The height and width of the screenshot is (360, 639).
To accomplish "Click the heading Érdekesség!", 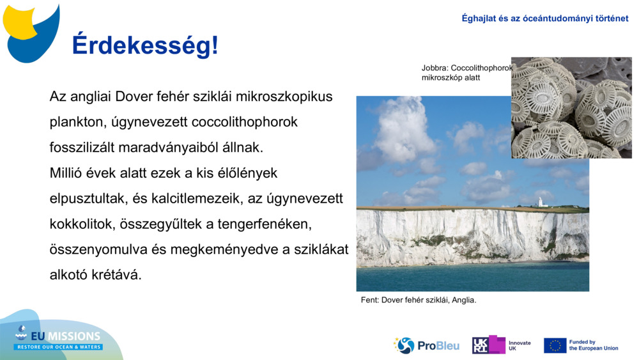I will (x=144, y=45).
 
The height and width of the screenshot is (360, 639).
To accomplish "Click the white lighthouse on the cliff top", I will (x=540, y=202).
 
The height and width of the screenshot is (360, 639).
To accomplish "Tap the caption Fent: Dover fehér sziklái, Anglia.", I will (x=419, y=299).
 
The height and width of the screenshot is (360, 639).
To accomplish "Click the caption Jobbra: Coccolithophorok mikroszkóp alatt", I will (x=466, y=72).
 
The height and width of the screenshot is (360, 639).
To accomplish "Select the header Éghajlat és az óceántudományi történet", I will (x=544, y=19).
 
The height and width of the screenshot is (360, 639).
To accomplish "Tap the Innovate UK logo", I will (x=501, y=345).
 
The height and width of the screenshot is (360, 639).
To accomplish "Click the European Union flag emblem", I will (x=555, y=345).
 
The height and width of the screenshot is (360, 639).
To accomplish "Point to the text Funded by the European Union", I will (x=594, y=345).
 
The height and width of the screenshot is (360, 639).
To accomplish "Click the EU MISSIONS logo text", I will (x=65, y=336).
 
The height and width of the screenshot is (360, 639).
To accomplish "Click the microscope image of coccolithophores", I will (x=571, y=107).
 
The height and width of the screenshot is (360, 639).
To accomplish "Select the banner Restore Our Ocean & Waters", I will (x=59, y=347).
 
